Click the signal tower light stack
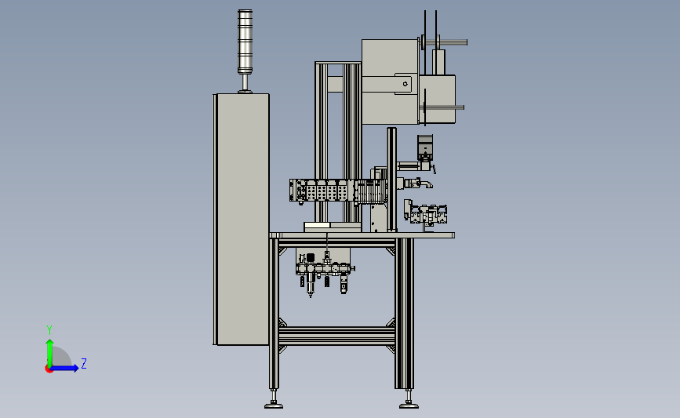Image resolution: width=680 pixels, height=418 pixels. coord(245,42)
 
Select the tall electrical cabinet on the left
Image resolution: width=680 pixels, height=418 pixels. coord(241,220)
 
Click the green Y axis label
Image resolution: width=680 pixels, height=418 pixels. coord(49,330)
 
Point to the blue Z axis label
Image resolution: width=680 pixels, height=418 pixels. coord(84,363)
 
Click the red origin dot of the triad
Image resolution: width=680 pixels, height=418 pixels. coord(49,369)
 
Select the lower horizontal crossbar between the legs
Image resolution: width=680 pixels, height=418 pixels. coord(336,336)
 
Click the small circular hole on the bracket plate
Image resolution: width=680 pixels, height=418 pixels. coord(405,84)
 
